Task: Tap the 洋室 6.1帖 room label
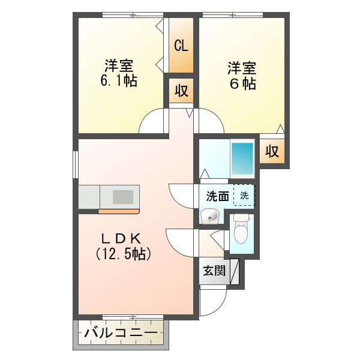coord(119,73)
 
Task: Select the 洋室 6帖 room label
coord(242,76)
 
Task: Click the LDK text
coord(121,239)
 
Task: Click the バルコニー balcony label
coord(121,332)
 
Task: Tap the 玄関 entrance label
coord(214,271)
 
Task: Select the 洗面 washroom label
coord(217,196)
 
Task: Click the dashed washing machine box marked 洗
coord(244,195)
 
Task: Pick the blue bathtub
coord(242,158)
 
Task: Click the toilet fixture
coord(241,229)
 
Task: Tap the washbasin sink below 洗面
coord(209,216)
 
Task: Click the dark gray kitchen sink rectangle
coord(123,197)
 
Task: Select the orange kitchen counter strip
coord(119,211)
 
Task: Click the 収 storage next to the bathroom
coord(272,151)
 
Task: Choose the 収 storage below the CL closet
coord(181,91)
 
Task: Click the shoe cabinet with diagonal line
coord(235,272)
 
